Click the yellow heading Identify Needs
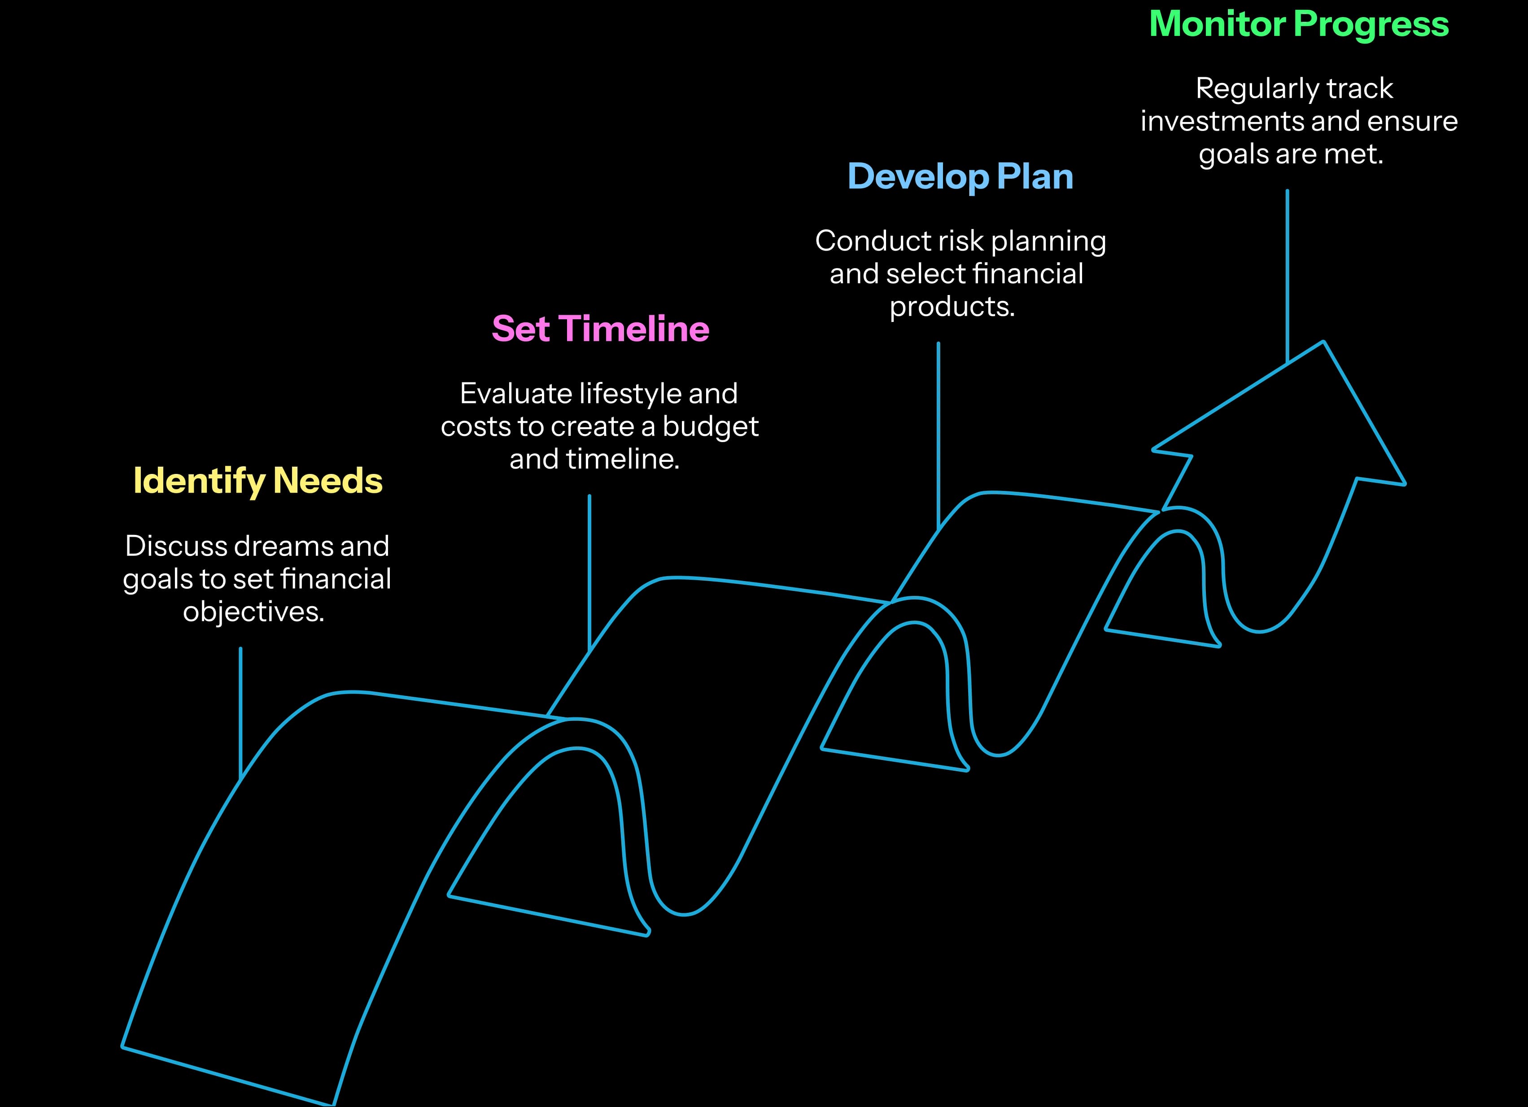258,481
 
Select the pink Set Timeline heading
600,329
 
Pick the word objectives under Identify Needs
253,612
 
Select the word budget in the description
710,427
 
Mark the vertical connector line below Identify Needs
240,714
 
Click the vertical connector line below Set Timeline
589,573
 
